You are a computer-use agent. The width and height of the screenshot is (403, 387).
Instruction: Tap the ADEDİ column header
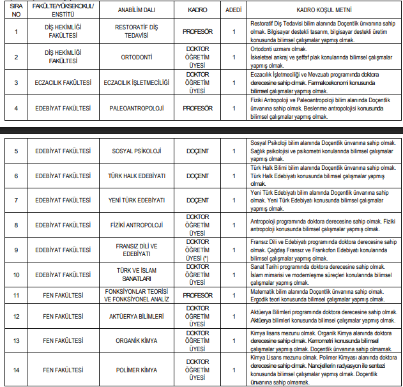pyautogui.click(x=234, y=11)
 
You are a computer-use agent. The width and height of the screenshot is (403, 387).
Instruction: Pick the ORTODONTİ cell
pyautogui.click(x=136, y=57)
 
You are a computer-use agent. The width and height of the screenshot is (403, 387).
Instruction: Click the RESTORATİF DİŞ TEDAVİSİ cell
pyautogui.click(x=136, y=31)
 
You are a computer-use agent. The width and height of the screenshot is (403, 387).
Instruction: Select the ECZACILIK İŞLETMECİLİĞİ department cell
pyautogui.click(x=136, y=83)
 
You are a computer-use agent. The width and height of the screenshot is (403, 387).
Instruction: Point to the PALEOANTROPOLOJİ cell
pyautogui.click(x=136, y=109)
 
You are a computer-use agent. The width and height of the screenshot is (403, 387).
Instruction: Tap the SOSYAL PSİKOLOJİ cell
pyautogui.click(x=136, y=151)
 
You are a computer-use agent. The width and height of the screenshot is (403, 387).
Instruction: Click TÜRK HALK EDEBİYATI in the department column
pyautogui.click(x=136, y=176)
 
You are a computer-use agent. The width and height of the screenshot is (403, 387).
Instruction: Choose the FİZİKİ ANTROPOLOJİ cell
pyautogui.click(x=136, y=225)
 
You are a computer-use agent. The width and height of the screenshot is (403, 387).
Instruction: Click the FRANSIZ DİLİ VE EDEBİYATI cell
pyautogui.click(x=136, y=250)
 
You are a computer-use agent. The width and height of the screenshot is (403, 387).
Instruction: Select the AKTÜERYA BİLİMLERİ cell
pyautogui.click(x=136, y=316)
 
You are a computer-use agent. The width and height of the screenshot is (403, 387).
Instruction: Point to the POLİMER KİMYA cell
pyautogui.click(x=136, y=370)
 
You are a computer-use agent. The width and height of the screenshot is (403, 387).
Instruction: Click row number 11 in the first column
pyautogui.click(x=17, y=295)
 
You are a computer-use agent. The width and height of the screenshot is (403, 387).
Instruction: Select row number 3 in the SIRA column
pyautogui.click(x=17, y=83)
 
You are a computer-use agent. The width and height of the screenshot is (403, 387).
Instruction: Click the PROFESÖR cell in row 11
pyautogui.click(x=197, y=295)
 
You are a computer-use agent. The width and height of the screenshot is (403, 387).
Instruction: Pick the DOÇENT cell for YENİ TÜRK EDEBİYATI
pyautogui.click(x=197, y=200)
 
